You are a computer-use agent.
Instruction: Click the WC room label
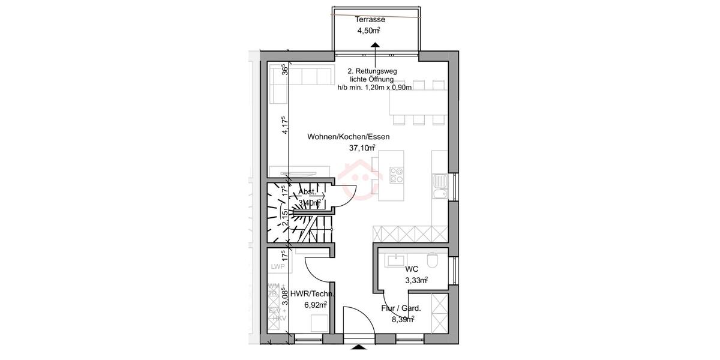(x=412, y=269)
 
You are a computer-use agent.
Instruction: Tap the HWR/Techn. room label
(x=312, y=294)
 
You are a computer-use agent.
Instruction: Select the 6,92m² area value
(x=313, y=305)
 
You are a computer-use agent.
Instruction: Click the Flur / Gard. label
(x=401, y=308)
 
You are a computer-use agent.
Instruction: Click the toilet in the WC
(x=433, y=260)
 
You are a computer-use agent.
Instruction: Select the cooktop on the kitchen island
(x=397, y=175)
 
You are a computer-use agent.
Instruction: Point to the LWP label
(x=277, y=266)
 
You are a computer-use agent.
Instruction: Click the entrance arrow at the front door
(x=358, y=347)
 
